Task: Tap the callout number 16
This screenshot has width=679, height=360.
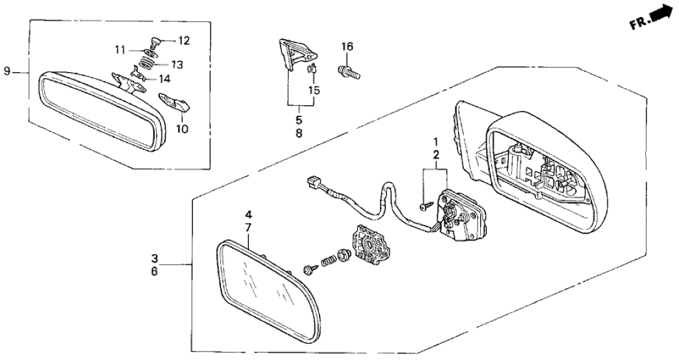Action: [x=348, y=47]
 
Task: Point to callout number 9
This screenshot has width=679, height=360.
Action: [x=7, y=71]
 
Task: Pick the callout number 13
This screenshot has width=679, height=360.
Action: [x=177, y=65]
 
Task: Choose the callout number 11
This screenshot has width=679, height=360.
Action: [x=120, y=50]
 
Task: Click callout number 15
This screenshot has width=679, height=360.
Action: [x=314, y=90]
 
